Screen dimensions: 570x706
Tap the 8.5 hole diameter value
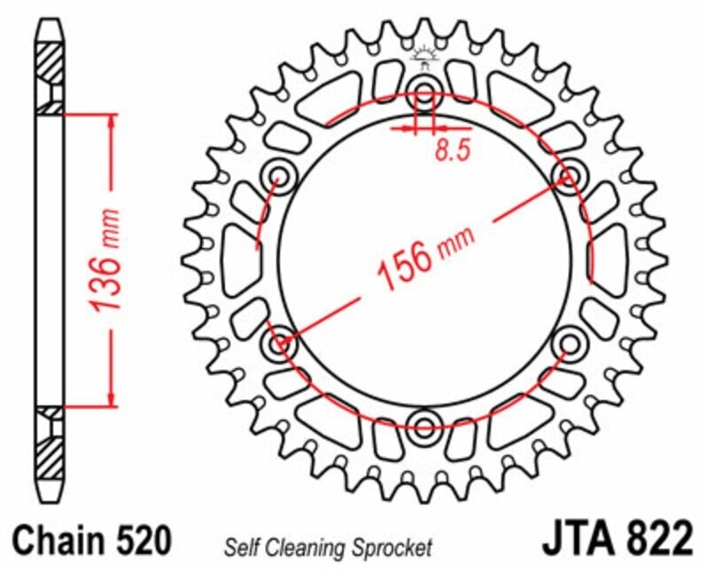click(x=452, y=151)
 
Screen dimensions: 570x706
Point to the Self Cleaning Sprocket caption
click(x=329, y=546)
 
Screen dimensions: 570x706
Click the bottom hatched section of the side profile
click(x=50, y=452)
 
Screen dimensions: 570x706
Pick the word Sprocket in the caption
click(x=399, y=546)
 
